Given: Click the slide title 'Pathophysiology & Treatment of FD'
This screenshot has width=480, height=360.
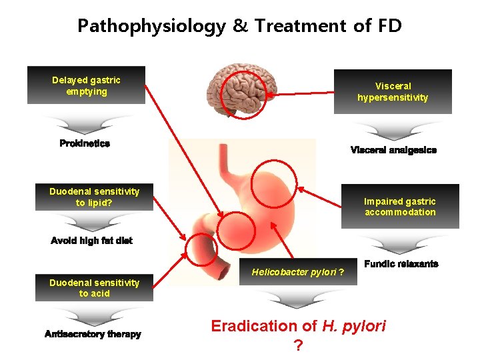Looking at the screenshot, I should [240, 26].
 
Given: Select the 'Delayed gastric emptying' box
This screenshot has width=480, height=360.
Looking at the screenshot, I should [86, 85].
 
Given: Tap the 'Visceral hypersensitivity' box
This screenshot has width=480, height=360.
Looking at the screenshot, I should [393, 91].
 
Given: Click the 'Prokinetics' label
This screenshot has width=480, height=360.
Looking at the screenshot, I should [85, 143].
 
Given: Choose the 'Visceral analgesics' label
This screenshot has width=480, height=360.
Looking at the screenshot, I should [393, 150].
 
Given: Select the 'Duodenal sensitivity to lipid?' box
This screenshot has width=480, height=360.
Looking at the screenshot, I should [94, 197].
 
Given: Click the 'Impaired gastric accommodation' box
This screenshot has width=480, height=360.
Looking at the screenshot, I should [400, 207].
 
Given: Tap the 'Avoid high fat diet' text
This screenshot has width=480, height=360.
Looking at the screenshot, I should [91, 241].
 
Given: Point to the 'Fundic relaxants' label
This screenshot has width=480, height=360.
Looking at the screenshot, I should [401, 264].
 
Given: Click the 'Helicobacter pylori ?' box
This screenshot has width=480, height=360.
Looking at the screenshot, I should [298, 272].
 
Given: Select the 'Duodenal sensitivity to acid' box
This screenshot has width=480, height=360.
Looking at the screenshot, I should [94, 288].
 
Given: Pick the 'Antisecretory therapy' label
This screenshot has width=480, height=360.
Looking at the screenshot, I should [93, 334].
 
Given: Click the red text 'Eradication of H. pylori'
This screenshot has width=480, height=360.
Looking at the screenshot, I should [298, 326].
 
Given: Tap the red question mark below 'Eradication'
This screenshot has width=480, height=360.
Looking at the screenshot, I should [298, 345].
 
